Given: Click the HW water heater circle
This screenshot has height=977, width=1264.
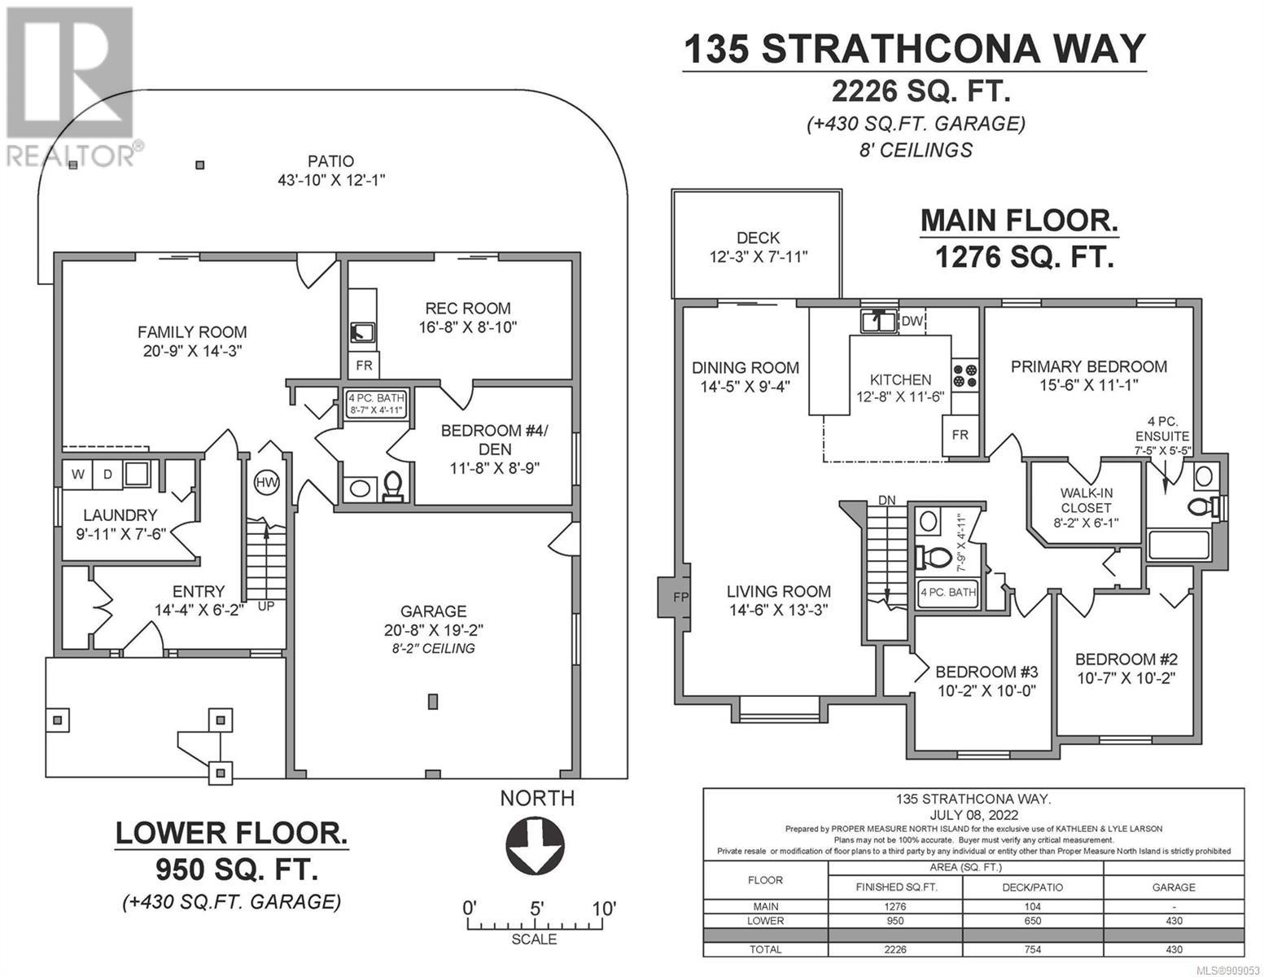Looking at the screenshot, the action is (266, 482).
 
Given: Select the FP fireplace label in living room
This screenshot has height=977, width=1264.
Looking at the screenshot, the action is (680, 597).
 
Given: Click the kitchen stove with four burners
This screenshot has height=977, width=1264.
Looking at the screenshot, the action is (964, 375).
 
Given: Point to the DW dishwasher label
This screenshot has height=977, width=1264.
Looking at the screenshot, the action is (912, 322).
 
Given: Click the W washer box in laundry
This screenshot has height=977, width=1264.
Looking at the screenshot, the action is (77, 474).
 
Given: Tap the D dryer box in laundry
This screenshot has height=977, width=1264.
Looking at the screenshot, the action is (107, 474).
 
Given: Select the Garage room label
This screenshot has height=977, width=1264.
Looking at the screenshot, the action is (433, 611).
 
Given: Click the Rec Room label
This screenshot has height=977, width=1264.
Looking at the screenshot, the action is (468, 309).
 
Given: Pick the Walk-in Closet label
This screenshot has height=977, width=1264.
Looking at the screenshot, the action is (1086, 501).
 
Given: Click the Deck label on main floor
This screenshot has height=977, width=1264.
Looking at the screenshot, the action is (758, 238).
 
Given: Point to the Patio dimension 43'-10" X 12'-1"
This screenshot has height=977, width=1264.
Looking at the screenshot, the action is (331, 180).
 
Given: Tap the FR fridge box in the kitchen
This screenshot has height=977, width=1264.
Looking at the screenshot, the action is (960, 435).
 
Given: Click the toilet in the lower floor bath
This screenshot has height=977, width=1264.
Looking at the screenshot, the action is (393, 486).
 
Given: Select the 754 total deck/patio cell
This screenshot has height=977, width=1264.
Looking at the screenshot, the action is (1033, 949).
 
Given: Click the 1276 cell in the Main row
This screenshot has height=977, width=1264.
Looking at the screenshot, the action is (895, 907).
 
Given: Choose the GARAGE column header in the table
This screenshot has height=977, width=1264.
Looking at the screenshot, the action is (1174, 887).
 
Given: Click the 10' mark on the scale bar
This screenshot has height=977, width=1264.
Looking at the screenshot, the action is (603, 909).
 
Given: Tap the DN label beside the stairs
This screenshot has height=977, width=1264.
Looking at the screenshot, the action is (886, 500).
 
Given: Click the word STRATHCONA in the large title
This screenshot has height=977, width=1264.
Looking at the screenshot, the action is (900, 49).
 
